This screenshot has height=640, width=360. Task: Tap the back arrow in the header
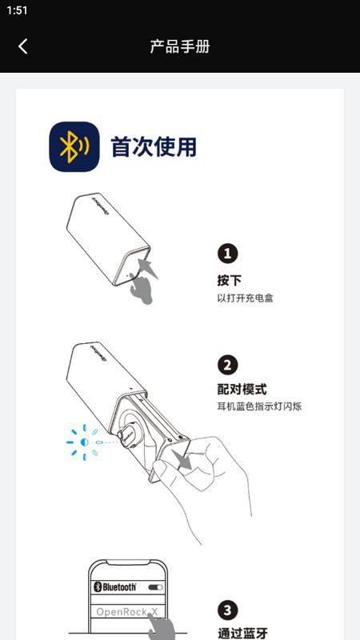(23, 46)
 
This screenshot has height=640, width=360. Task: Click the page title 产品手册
(179, 46)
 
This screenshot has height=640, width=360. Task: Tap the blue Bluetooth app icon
(74, 146)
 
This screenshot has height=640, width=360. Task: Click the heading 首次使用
(154, 147)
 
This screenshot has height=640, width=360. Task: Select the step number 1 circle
(227, 254)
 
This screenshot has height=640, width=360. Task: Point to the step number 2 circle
(227, 365)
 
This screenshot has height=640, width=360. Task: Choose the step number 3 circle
(227, 610)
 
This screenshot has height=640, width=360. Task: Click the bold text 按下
(230, 281)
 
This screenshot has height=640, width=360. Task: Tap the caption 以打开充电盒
(245, 298)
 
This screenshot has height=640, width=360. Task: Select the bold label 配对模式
(242, 390)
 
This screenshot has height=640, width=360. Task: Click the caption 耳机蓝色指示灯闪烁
(259, 406)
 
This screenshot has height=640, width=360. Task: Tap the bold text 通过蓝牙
(242, 633)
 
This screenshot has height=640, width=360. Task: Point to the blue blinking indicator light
(85, 442)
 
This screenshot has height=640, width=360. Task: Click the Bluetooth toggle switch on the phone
(155, 587)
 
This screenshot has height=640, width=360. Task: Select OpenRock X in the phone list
(126, 612)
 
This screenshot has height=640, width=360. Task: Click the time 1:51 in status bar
(17, 10)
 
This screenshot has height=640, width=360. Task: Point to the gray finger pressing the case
(141, 288)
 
